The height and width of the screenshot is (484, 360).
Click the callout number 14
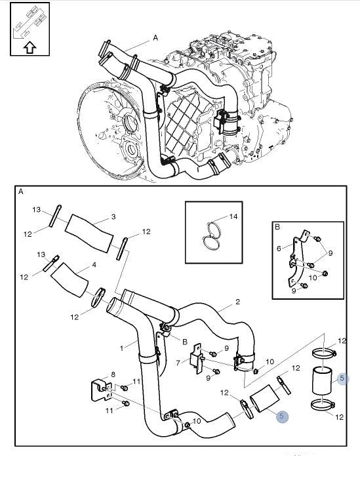point(233,216)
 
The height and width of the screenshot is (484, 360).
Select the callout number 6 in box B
point(279,249)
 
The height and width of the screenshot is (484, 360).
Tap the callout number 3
point(113,217)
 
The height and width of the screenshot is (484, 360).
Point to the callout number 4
point(94,265)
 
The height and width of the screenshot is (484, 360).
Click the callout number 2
point(237,302)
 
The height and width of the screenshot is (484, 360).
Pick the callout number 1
point(122,348)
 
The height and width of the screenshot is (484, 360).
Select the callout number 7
point(178,363)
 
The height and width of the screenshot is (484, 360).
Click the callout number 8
point(113,374)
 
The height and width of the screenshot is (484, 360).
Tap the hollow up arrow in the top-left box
point(30,48)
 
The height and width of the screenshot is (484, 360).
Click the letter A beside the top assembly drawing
point(155,37)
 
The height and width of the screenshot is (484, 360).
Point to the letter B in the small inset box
point(277,227)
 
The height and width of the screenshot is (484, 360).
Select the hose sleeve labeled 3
point(89,233)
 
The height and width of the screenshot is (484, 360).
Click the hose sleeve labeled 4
point(70,279)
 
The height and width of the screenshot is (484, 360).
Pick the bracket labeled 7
point(197,359)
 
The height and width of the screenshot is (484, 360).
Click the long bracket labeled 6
point(298,259)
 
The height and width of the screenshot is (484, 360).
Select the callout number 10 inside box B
point(313,277)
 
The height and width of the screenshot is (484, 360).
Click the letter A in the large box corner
point(21,192)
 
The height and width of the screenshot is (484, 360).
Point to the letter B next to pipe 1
point(185,342)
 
